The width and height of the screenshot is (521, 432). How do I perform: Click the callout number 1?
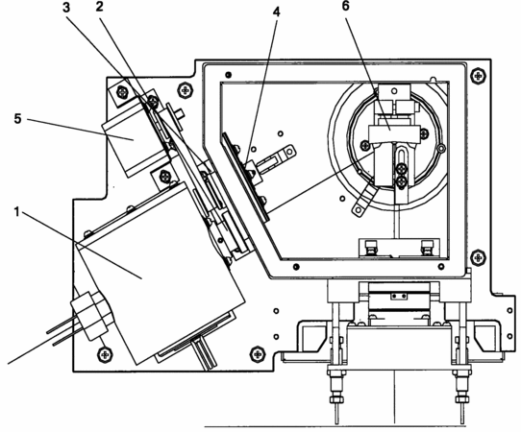point(16,211)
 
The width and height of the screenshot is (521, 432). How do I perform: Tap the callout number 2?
point(99,7)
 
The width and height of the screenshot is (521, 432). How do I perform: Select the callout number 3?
point(66,8)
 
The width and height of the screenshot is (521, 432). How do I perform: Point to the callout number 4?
point(276,12)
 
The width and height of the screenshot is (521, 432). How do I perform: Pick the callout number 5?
point(17,118)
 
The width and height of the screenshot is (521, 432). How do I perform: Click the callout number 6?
point(346,7)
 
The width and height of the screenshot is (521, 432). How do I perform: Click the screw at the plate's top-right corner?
point(478,75)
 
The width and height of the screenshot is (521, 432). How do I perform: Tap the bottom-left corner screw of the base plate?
point(106,354)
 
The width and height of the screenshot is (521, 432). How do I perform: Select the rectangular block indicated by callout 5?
point(136,136)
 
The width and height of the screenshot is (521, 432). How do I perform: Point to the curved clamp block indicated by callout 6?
point(394,134)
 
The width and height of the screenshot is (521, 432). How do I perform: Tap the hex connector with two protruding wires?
point(91,315)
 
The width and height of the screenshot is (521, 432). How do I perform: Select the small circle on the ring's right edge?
point(441,148)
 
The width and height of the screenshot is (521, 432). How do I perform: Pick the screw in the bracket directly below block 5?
point(164,176)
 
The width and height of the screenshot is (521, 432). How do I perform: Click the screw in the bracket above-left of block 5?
point(122,92)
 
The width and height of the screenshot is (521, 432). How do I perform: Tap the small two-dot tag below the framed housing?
point(398,297)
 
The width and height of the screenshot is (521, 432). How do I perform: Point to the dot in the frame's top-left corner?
point(228,74)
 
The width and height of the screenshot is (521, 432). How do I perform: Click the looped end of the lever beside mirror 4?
point(288,151)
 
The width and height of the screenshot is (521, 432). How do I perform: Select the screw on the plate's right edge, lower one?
point(478,257)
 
